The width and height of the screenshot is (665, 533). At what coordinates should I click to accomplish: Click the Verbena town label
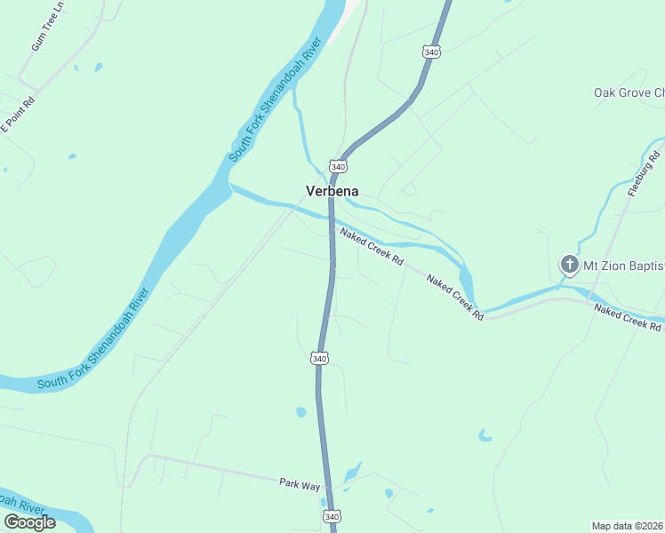(332, 191)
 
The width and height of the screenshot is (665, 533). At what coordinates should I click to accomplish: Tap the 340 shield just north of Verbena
(338, 166)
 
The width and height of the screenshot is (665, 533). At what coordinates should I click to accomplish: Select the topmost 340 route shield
(431, 52)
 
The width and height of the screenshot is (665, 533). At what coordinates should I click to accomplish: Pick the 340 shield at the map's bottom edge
(331, 516)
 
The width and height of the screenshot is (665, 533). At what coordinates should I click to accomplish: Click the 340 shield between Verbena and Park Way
(320, 358)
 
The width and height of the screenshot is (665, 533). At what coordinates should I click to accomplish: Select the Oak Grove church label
(629, 92)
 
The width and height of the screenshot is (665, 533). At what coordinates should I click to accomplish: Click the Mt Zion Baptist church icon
(569, 264)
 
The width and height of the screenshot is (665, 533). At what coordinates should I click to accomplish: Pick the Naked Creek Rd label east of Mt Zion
(628, 317)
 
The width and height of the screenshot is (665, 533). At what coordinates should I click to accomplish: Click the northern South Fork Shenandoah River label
(274, 99)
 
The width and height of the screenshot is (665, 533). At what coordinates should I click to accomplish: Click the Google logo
(29, 521)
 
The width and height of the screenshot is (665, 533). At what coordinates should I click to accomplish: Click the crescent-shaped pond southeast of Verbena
(485, 436)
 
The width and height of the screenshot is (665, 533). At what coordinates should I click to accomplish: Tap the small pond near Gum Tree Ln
(98, 67)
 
